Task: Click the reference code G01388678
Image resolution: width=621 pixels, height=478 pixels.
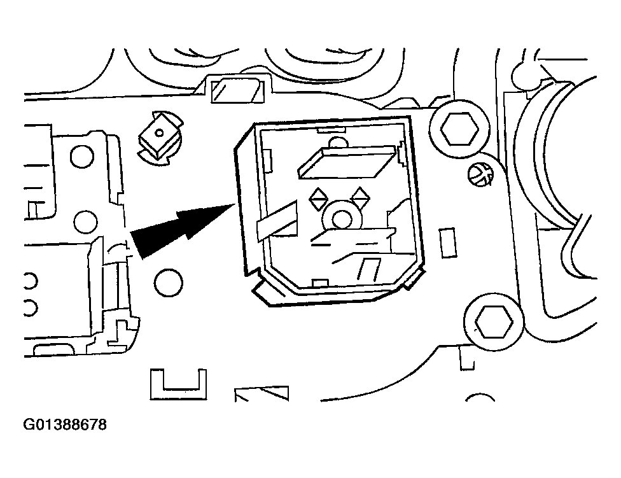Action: click(65, 425)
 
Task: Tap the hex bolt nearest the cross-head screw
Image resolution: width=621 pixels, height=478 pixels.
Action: click(459, 129)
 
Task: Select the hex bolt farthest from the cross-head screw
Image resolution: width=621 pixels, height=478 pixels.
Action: click(494, 321)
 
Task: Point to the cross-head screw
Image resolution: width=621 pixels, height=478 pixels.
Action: click(481, 174)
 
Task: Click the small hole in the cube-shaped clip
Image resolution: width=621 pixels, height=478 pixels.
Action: click(159, 132)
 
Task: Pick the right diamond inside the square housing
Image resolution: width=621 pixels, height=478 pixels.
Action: click(360, 197)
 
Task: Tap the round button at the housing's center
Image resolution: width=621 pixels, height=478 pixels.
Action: click(342, 218)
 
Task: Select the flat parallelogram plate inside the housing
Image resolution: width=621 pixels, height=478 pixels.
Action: click(347, 162)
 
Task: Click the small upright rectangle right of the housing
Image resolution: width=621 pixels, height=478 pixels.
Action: click(448, 243)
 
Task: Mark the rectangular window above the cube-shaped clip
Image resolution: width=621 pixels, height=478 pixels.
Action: click(237, 90)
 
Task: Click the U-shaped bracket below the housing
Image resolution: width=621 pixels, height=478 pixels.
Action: click(178, 384)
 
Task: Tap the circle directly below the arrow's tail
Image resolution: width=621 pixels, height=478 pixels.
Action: click(169, 283)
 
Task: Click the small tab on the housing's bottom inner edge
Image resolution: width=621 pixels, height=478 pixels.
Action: click(320, 283)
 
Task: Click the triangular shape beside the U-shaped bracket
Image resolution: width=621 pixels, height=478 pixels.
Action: click(262, 393)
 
